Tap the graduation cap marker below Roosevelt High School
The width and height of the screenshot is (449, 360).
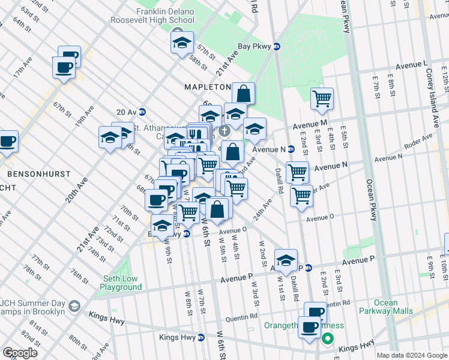tap(181, 43)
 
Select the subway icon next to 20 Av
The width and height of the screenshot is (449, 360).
tap(142, 112)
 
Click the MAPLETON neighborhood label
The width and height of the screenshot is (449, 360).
tap(207, 87)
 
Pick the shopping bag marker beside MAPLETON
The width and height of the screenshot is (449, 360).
tap(243, 94)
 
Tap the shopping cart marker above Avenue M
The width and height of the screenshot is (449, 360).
tap(322, 98)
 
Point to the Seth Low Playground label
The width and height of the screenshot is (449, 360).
tap(121, 283)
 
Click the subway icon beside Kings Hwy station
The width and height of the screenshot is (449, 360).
tap(201, 338)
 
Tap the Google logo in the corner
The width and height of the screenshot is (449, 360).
tap(20, 353)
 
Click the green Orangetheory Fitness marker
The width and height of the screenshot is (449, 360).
tap(327, 339)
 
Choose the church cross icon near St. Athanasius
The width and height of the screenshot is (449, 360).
tap(224, 131)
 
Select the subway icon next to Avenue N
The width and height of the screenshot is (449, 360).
tap(291, 149)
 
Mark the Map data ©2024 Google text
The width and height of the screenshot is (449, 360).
tap(411, 355)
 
